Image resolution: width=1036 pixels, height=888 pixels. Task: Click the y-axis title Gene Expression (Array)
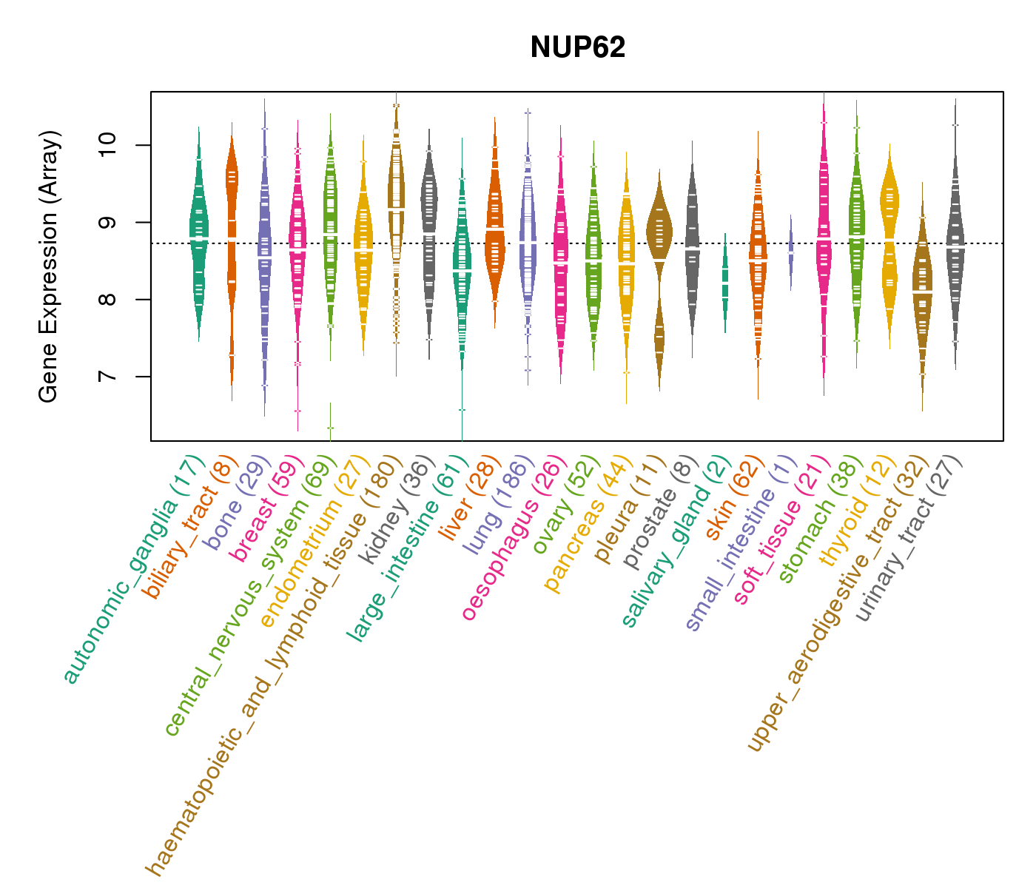click(49, 266)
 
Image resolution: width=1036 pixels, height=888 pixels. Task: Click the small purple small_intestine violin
click(790, 252)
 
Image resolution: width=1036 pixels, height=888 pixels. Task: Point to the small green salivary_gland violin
click(725, 282)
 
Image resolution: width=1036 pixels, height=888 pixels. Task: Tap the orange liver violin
click(494, 229)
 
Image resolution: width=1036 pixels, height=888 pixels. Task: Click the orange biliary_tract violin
click(232, 222)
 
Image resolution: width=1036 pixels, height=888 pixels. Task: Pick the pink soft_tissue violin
click(824, 237)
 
